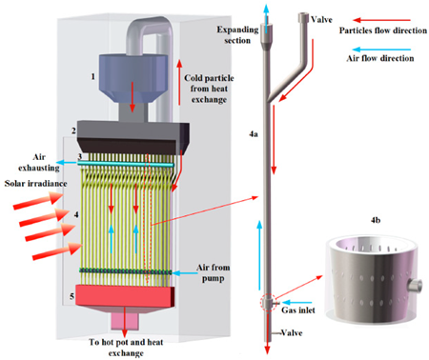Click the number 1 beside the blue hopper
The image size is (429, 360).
click(x=92, y=76)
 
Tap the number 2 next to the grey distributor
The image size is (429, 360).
click(x=73, y=130)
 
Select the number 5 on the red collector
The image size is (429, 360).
click(x=72, y=296)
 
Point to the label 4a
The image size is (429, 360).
click(x=254, y=134)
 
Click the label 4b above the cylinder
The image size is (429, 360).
click(x=376, y=220)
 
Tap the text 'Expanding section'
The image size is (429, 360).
click(x=237, y=35)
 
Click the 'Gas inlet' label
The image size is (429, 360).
click(x=298, y=310)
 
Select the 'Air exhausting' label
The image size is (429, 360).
click(x=39, y=162)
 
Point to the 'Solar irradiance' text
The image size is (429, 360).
click(x=36, y=184)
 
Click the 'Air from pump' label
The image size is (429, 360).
click(x=213, y=272)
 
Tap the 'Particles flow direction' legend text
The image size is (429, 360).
click(x=383, y=30)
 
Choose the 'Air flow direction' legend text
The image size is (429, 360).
click(x=380, y=58)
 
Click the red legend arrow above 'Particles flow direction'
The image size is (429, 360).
click(x=382, y=20)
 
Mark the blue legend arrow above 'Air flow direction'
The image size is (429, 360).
click(x=381, y=50)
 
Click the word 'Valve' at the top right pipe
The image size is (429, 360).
click(x=321, y=20)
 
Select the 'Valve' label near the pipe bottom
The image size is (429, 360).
click(x=292, y=333)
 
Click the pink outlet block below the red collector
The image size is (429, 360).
click(x=125, y=321)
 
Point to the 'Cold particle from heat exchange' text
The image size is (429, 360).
click(x=209, y=89)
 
